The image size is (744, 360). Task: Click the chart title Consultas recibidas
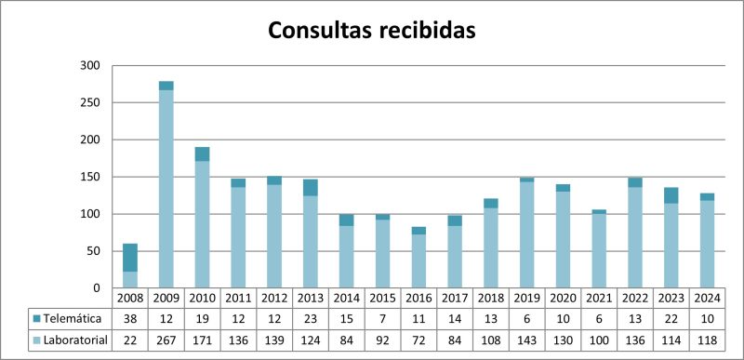coord(372,30)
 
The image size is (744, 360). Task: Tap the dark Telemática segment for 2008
coord(129,258)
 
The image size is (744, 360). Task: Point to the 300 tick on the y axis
coord(89,66)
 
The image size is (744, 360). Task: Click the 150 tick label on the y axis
coord(89,140)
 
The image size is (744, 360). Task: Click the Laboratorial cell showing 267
coord(166,340)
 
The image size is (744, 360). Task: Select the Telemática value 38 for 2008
coord(129,318)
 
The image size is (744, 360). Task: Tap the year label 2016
coord(419,298)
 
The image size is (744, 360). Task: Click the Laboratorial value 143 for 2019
coord(528,340)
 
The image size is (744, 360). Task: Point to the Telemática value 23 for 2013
coord(311,318)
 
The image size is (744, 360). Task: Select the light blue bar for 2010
coord(202,224)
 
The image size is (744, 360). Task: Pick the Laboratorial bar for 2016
coord(419,261)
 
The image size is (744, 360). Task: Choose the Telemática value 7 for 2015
coord(383,318)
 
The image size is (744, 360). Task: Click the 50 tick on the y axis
coord(93,251)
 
